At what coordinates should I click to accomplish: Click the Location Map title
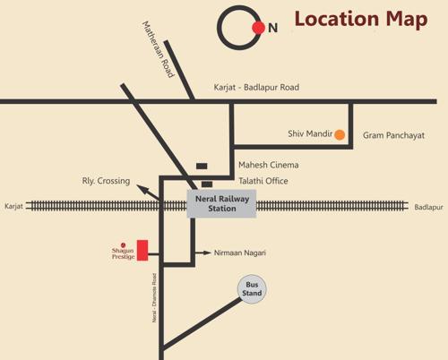(x=361, y=20)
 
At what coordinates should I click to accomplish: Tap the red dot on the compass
(x=258, y=28)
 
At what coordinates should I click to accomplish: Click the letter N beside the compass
(x=272, y=28)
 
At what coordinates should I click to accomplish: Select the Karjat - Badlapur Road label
(x=256, y=88)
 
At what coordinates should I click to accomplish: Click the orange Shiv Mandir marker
(x=340, y=135)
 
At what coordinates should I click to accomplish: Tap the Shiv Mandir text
(x=309, y=134)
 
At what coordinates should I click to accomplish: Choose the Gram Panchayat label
(x=393, y=135)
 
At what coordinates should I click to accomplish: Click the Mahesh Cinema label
(x=268, y=165)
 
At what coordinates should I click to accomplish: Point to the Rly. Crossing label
(x=106, y=181)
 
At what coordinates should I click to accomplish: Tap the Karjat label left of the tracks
(x=13, y=206)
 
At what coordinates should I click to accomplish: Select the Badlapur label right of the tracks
(x=428, y=207)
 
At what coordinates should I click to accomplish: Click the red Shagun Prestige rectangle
(x=142, y=250)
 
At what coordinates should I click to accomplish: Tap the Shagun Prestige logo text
(x=123, y=253)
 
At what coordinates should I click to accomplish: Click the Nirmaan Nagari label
(x=240, y=253)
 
